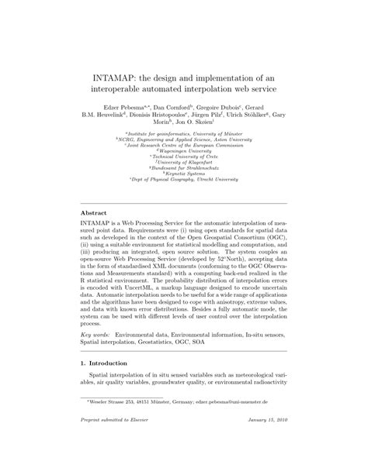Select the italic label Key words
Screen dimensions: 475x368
point(99,333)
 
